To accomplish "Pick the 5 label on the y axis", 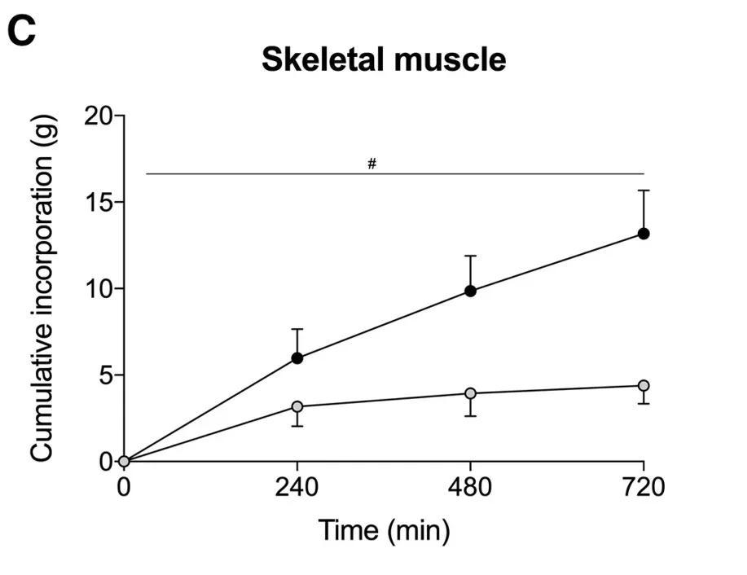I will click(x=107, y=375).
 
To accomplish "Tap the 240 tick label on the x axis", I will click(x=297, y=488).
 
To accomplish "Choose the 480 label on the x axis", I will click(x=470, y=488).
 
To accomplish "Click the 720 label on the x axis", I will click(x=644, y=488).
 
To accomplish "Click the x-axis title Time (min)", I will click(x=384, y=530).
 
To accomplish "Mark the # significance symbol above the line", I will click(x=371, y=164).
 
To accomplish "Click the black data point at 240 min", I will click(x=297, y=358).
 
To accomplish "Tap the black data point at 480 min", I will click(x=470, y=291).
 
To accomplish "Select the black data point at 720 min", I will click(x=644, y=234).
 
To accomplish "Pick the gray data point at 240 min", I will click(x=297, y=406).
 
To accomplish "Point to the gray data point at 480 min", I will click(x=470, y=393).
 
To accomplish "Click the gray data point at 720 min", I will click(x=644, y=385).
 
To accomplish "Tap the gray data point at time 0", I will click(x=124, y=461).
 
